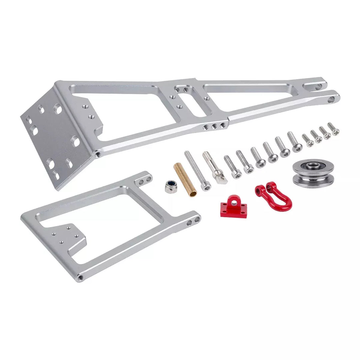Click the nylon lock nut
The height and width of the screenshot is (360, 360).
[171, 187]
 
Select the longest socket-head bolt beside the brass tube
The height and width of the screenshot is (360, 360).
[198, 170]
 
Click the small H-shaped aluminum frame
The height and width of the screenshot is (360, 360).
[110, 223]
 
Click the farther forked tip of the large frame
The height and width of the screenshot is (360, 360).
[318, 86]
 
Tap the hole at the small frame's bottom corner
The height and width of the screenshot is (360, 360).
[80, 277]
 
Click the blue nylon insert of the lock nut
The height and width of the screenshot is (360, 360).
[172, 184]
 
